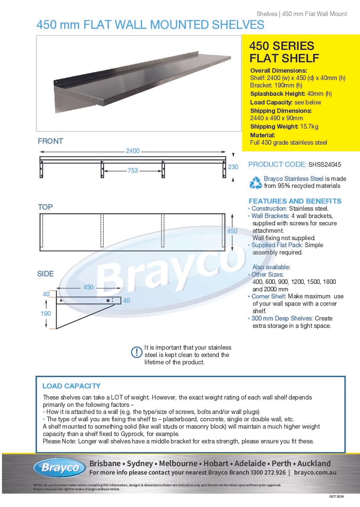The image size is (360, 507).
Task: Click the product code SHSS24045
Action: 325,164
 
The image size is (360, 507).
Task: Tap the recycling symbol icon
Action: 256,183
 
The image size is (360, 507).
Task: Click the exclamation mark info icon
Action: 137,352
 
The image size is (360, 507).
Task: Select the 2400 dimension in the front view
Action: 132,151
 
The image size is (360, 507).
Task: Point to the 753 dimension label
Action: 132,170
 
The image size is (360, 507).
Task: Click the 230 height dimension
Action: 233,167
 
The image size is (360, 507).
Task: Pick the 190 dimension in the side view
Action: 46,313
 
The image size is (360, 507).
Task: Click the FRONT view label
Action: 51,141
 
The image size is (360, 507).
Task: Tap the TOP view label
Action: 45,207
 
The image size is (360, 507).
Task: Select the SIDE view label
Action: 46,274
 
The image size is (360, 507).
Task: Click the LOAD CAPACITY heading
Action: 71,386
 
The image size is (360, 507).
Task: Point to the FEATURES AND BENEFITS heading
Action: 295,201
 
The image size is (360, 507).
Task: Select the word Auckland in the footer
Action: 313,463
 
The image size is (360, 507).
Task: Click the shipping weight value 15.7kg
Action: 309,127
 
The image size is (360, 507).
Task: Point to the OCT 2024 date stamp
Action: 336,496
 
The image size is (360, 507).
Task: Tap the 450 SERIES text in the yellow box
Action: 281,46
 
